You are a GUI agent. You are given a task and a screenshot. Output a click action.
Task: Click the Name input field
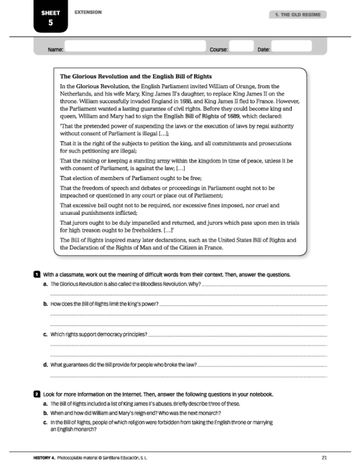(135, 47)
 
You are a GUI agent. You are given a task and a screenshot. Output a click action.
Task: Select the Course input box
(241, 47)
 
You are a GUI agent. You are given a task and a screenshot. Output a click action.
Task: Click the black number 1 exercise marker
(37, 274)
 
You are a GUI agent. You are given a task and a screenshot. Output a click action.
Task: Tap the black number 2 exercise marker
(37, 395)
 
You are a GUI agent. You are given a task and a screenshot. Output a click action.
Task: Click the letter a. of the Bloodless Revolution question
(45, 284)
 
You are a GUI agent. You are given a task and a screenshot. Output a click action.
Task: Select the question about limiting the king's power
(104, 304)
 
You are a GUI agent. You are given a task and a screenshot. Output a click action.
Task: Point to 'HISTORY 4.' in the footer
(45, 457)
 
